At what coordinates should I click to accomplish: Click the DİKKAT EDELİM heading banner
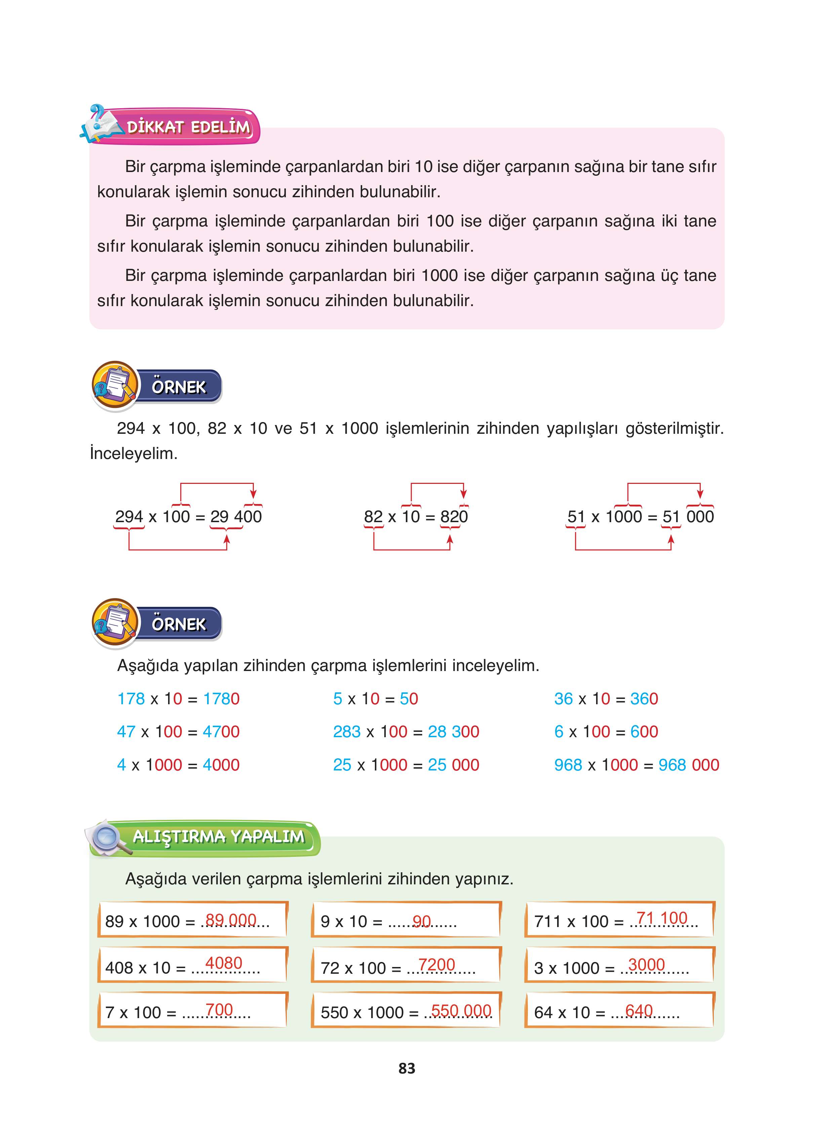point(188,127)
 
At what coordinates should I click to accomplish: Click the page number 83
point(407,1068)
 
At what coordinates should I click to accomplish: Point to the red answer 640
point(638,1011)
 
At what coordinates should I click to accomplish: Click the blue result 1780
point(221,699)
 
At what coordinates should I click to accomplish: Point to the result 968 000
point(688,764)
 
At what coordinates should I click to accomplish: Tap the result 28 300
point(453,731)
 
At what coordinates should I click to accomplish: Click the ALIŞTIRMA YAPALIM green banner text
point(218,837)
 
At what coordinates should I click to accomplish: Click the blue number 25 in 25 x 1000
point(342,764)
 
